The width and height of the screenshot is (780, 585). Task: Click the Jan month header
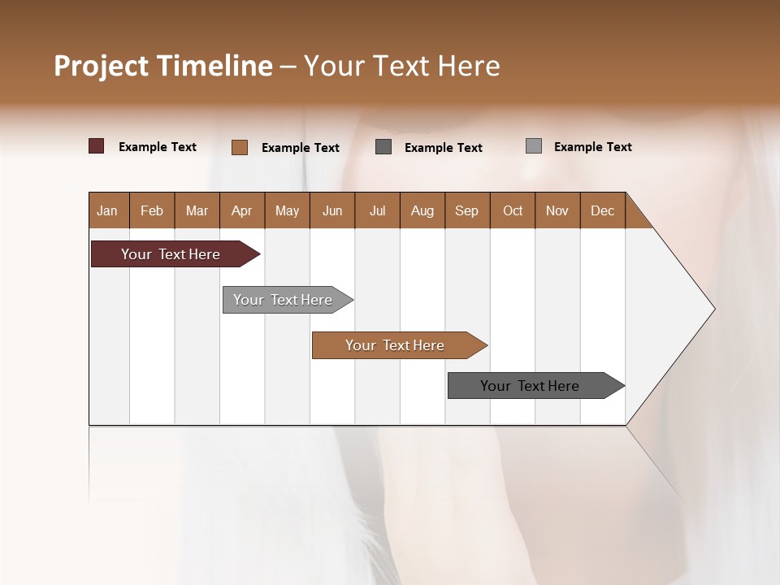[x=107, y=210]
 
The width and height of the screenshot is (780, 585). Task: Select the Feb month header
[x=152, y=210]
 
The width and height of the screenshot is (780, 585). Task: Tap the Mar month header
[x=197, y=210]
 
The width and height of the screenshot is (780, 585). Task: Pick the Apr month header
[x=241, y=210]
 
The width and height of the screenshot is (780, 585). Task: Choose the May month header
[x=287, y=210]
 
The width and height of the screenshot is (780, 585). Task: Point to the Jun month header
[x=332, y=210]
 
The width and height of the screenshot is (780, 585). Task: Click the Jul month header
[x=377, y=210]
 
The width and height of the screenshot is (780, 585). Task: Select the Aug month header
[x=422, y=210]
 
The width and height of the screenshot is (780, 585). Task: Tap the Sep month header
[x=466, y=210]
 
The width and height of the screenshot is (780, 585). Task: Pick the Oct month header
[x=513, y=210]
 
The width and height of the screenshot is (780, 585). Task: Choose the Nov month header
[x=557, y=210]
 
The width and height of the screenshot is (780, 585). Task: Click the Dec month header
[x=602, y=210]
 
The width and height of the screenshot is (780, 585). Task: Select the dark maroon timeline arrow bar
[x=171, y=254]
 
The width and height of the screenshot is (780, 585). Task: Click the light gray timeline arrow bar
[x=284, y=300]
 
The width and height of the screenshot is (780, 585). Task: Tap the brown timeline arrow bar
[x=396, y=345]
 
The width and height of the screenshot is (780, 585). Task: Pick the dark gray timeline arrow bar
[x=531, y=386]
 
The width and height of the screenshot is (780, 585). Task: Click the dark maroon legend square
[x=97, y=146]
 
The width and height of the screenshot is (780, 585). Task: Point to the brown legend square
[x=240, y=147]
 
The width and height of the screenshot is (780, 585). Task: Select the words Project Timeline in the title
[x=163, y=66]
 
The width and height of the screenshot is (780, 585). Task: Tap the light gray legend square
[x=534, y=146]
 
